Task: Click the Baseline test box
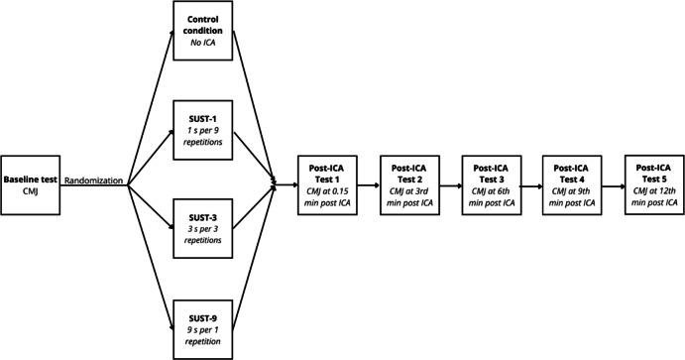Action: (x=31, y=184)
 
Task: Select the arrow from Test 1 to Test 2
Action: (x=369, y=184)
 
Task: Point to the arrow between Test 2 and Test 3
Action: (x=450, y=184)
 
